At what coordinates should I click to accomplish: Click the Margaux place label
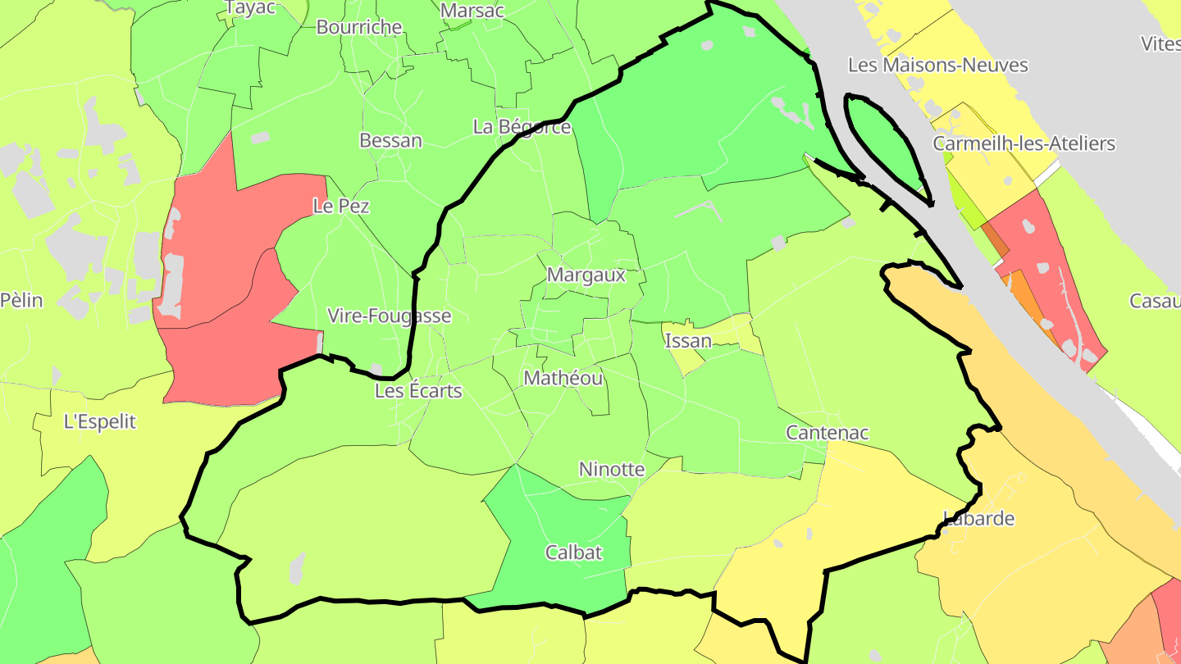point(586,275)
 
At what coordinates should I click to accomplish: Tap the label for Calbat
point(574,553)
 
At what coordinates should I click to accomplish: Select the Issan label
point(688,340)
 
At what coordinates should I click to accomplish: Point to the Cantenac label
point(827,432)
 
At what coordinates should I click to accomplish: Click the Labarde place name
point(978,518)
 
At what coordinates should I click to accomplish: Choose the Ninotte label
point(612,470)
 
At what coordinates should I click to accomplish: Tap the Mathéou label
point(563,378)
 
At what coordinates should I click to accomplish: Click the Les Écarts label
point(418,390)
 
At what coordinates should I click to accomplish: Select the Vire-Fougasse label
point(389,316)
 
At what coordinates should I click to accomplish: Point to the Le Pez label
point(341,206)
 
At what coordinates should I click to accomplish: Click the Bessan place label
point(390,140)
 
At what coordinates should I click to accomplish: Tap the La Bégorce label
point(522,127)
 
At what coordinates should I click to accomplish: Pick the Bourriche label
point(359,27)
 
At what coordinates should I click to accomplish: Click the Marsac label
point(472,11)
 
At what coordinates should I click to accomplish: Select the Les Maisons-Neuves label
point(937,65)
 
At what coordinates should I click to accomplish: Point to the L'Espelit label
point(100,422)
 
